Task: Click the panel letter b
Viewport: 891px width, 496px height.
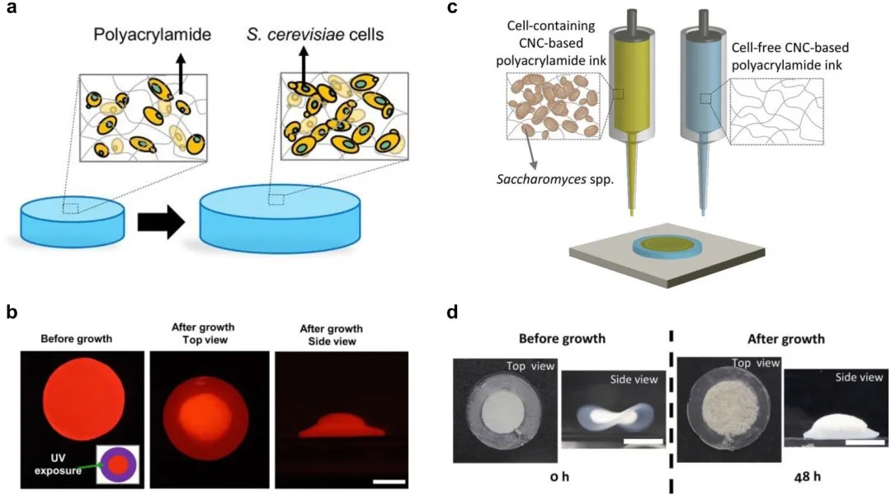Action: click(x=11, y=312)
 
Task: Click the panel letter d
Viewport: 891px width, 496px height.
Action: click(x=451, y=312)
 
